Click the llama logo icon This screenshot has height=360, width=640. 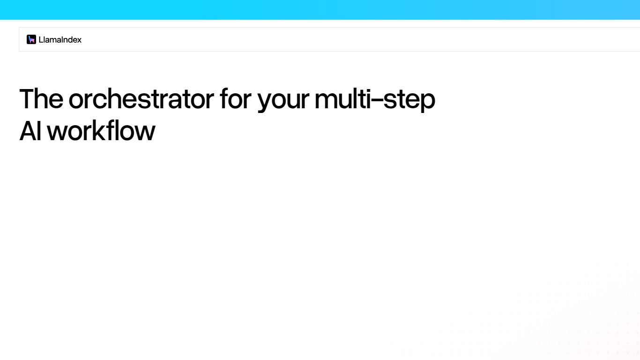point(31,39)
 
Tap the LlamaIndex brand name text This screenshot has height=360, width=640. point(60,40)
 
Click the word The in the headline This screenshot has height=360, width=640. point(41,99)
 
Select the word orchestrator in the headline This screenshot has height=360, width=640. point(141,99)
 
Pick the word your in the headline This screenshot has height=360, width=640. point(283,100)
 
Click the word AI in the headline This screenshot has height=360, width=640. point(30,131)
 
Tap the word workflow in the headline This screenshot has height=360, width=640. point(101,131)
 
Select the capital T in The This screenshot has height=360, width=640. point(27,99)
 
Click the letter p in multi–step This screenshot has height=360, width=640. point(427,102)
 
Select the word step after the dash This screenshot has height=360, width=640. point(409,100)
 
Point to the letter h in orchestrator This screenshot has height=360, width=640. point(120,99)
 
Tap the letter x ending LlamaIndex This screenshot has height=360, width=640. point(79,40)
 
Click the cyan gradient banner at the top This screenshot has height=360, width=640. point(320,9)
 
